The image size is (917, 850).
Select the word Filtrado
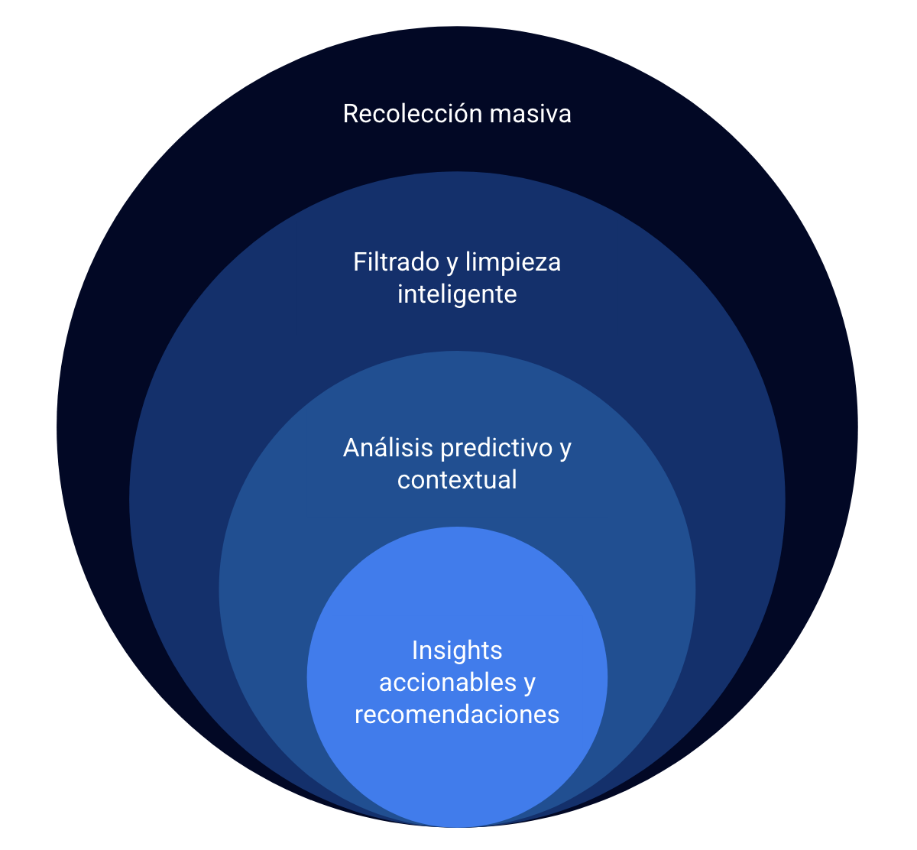[x=395, y=262]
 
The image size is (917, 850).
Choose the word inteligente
[x=457, y=294]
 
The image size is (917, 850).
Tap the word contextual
[x=457, y=480]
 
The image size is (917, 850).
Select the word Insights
[x=457, y=650]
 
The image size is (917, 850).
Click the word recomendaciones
[x=457, y=715]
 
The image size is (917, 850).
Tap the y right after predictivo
[x=565, y=449]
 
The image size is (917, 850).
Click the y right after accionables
[x=529, y=683]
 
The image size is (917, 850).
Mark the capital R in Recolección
[x=350, y=114]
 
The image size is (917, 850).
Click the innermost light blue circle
[x=457, y=772]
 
